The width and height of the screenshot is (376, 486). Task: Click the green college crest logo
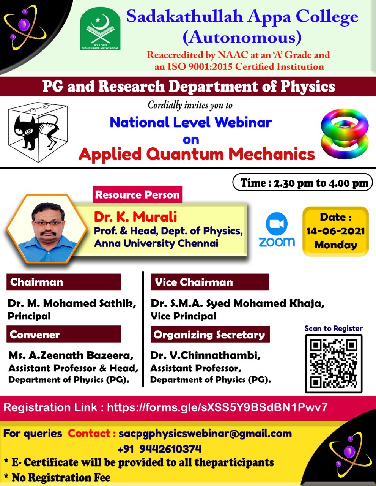(x=100, y=28)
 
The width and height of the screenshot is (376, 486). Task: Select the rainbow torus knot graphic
(x=345, y=134)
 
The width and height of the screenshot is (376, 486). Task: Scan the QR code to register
(x=334, y=363)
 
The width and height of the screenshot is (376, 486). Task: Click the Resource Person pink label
(x=137, y=194)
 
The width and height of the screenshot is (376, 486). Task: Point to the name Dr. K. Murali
(x=135, y=216)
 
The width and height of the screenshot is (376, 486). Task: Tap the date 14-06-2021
(x=335, y=231)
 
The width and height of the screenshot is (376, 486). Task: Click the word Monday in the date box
(x=335, y=245)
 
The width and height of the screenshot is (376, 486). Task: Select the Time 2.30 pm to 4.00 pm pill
(x=303, y=183)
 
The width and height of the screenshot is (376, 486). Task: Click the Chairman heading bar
(x=64, y=282)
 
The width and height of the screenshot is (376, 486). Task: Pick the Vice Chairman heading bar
(x=210, y=282)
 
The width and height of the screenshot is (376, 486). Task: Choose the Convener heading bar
(x=64, y=335)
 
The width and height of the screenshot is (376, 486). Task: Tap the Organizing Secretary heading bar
(x=210, y=335)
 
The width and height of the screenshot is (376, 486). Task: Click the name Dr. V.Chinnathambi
(x=205, y=355)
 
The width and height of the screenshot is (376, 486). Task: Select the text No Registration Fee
(x=61, y=477)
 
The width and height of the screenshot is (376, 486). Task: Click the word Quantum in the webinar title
(x=185, y=155)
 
